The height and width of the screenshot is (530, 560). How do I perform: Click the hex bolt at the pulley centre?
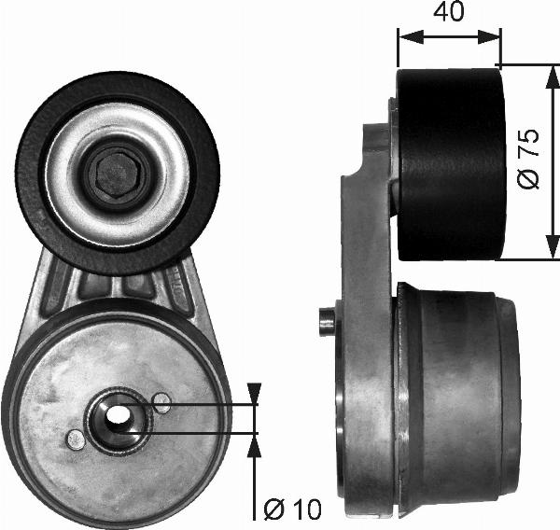point(113,173)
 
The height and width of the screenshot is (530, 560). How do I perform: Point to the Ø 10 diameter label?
point(292,509)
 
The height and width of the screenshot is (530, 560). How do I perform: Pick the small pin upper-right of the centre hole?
point(161,403)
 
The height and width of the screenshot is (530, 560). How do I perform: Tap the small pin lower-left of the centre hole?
point(75,438)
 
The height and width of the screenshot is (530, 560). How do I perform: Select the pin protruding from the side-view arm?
point(327,320)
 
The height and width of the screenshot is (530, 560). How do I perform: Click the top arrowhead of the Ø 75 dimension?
point(544,74)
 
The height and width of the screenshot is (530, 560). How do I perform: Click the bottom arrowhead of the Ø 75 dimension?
point(544,252)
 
